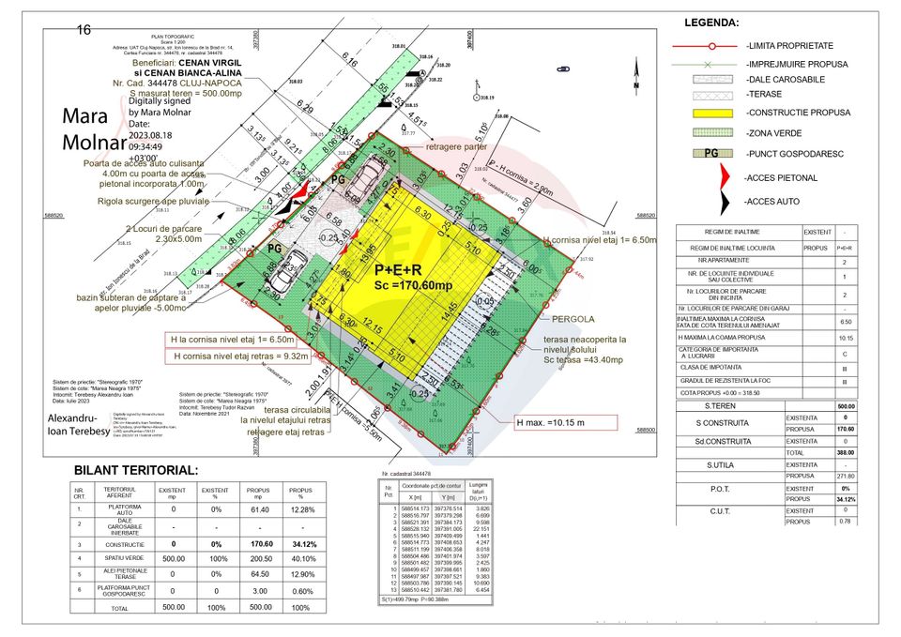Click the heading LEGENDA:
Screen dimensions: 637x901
pyautogui.click(x=711, y=23)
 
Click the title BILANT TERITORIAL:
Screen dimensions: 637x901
pyautogui.click(x=136, y=470)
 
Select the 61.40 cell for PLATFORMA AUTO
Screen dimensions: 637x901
pyautogui.click(x=258, y=508)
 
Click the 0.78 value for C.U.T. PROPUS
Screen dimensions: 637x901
pyautogui.click(x=845, y=522)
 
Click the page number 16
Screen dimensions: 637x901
pyautogui.click(x=84, y=30)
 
